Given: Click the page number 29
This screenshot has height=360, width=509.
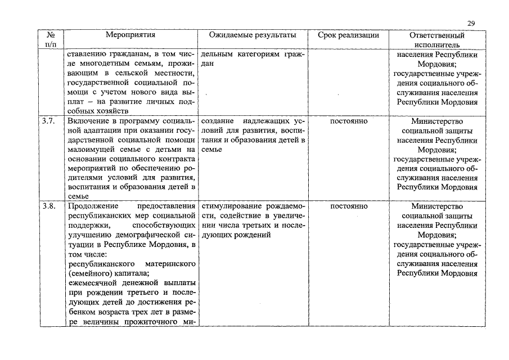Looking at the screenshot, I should coord(471,22).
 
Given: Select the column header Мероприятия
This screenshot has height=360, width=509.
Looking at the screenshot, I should coord(130,35).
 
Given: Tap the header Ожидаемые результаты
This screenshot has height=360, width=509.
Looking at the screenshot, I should coord(252,35).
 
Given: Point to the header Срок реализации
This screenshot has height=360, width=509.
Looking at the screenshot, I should coord(348,35).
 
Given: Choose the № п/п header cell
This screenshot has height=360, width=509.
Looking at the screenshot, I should coord(51,39).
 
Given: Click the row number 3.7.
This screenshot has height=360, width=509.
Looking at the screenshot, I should coord(49,121).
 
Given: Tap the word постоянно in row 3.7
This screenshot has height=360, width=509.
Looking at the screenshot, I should coord(349,121).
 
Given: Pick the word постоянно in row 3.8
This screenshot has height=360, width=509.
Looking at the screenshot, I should coord(349,206).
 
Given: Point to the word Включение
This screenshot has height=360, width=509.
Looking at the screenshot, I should coord(88,121).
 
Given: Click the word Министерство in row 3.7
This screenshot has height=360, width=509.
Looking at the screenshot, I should coord(437,121).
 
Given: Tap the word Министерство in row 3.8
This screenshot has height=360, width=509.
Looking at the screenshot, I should coord(437,206).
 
